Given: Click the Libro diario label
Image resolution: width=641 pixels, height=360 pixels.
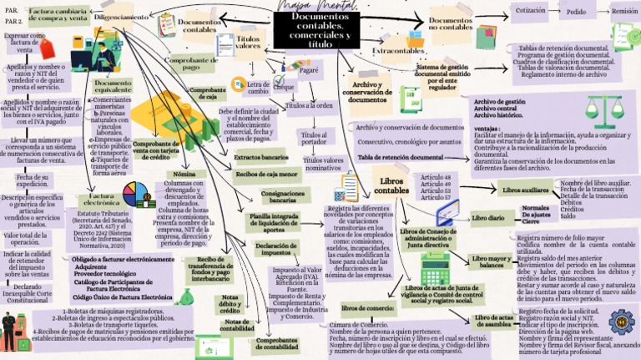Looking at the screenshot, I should [488, 217].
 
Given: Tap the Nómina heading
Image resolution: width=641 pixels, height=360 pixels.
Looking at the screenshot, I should [184, 174].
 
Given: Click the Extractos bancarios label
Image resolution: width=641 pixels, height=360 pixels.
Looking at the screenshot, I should [260, 157].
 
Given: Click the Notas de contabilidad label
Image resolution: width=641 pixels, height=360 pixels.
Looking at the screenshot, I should [237, 325].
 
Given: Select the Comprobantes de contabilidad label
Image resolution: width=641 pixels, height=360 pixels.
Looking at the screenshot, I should [277, 342].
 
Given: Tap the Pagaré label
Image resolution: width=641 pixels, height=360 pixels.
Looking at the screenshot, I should [309, 72].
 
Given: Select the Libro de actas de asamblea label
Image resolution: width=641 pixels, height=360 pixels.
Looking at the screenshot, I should [492, 322].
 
